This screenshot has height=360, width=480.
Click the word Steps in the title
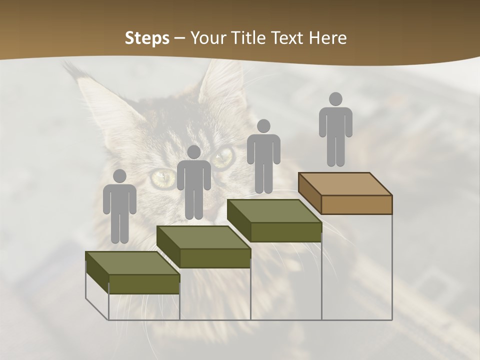(x=147, y=38)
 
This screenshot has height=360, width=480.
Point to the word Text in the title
(x=287, y=38)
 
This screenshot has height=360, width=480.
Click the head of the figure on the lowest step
(x=119, y=176)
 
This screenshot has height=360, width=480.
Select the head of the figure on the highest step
(x=335, y=99)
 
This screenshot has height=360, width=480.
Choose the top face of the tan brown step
(x=345, y=184)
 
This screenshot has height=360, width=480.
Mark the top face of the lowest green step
(x=132, y=263)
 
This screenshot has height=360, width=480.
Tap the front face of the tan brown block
(x=356, y=204)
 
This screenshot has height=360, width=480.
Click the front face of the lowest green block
(x=144, y=284)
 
